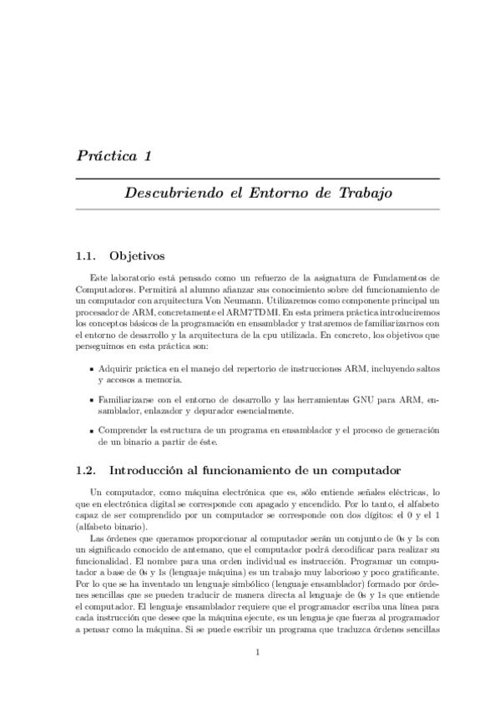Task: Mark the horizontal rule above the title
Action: click(258, 178)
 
